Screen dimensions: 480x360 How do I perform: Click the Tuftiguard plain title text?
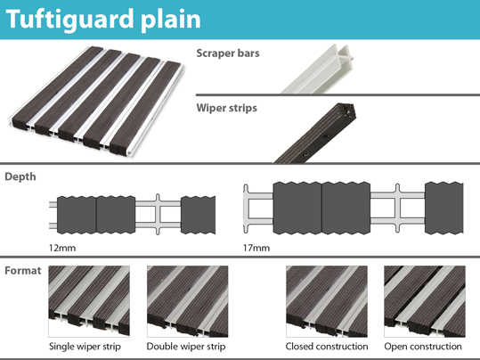(103, 20)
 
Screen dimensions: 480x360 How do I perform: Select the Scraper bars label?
(228, 53)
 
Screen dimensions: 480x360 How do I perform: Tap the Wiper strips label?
(226, 108)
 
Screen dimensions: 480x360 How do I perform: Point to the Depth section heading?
(20, 176)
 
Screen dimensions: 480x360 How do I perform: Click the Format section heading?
(22, 271)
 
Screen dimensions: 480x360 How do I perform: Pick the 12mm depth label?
(62, 248)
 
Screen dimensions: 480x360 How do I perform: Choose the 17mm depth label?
(256, 248)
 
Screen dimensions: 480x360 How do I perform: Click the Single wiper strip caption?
(85, 347)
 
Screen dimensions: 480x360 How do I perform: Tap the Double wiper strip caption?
(186, 347)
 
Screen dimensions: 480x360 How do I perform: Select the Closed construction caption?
(327, 347)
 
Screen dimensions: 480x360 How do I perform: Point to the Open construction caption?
(423, 347)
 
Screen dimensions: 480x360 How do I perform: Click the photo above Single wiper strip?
(89, 301)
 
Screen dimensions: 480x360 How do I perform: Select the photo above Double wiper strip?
(187, 301)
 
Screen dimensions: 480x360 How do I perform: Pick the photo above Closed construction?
(327, 301)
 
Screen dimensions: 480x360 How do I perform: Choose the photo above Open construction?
(425, 301)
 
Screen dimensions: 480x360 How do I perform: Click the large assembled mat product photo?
(96, 101)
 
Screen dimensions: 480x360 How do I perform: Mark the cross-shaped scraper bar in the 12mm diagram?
(158, 214)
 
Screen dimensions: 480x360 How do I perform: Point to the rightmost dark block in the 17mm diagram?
(443, 208)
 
